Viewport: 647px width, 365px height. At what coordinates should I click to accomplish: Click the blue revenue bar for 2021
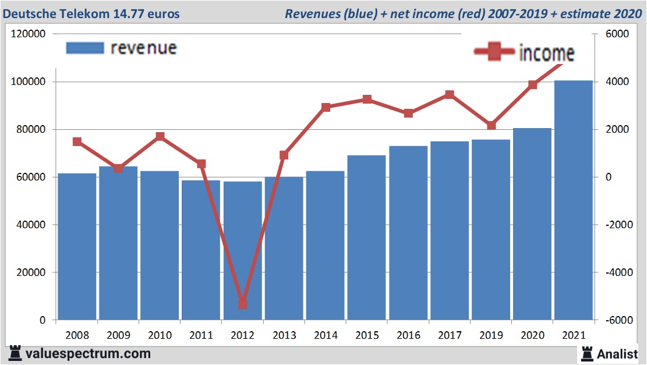point(573,200)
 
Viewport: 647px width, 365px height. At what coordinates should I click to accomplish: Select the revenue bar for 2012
point(243,250)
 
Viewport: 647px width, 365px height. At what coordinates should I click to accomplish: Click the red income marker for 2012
point(243,304)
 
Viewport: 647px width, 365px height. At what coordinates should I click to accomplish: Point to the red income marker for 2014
point(326,107)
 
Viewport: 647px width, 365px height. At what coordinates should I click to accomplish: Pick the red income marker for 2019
point(491,126)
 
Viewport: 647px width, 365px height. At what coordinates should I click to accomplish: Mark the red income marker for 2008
point(77,141)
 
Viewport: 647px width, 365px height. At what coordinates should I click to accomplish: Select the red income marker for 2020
point(532,85)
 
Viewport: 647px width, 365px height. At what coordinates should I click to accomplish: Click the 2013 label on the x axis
point(284,335)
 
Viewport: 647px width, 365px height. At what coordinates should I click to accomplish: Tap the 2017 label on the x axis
point(450,335)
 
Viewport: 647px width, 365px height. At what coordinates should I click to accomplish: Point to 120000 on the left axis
point(29,34)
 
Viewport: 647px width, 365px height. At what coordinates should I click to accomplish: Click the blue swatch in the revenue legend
point(84,48)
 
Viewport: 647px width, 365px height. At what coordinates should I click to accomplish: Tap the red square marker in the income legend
point(494,52)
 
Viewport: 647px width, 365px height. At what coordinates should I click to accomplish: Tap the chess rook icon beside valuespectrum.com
point(15,353)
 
